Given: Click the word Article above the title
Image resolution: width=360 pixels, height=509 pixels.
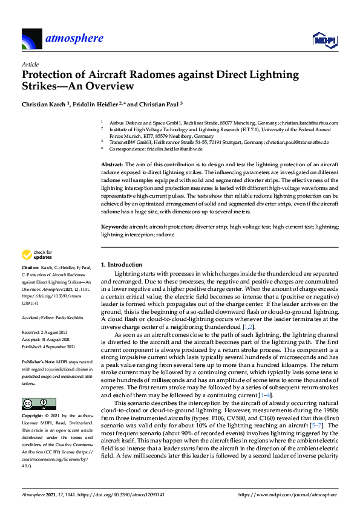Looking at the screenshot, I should tap(30, 64).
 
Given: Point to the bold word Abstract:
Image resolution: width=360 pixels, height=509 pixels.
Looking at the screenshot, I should tap(111, 164).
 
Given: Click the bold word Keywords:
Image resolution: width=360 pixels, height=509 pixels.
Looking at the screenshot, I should tap(114, 226).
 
